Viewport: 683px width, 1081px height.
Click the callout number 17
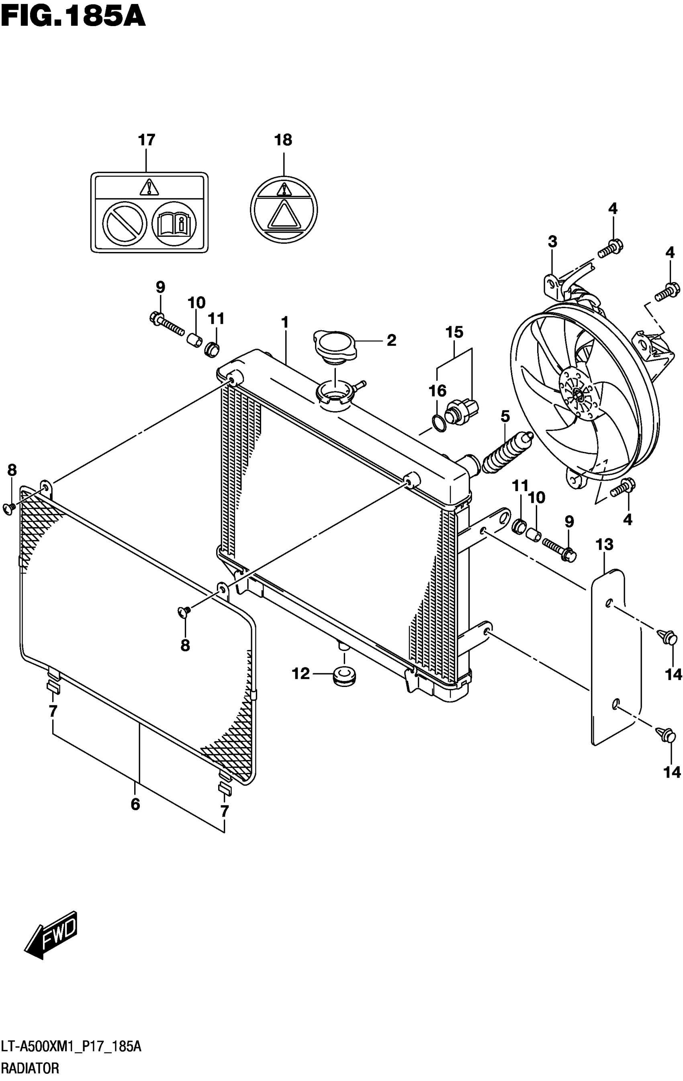tap(147, 140)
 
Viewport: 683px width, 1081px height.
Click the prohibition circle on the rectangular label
tap(125, 223)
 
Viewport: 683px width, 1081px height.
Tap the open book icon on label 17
tap(174, 223)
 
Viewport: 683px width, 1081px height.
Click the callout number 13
tap(604, 545)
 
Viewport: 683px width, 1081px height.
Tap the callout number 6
tap(135, 804)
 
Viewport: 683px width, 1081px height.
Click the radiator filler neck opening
tap(335, 396)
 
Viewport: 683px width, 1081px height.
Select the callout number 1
tap(284, 322)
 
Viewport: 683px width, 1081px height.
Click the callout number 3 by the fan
tap(552, 242)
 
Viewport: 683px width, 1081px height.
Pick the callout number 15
tap(454, 332)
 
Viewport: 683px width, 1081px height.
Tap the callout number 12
tap(301, 673)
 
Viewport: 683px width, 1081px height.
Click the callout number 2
tap(391, 340)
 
